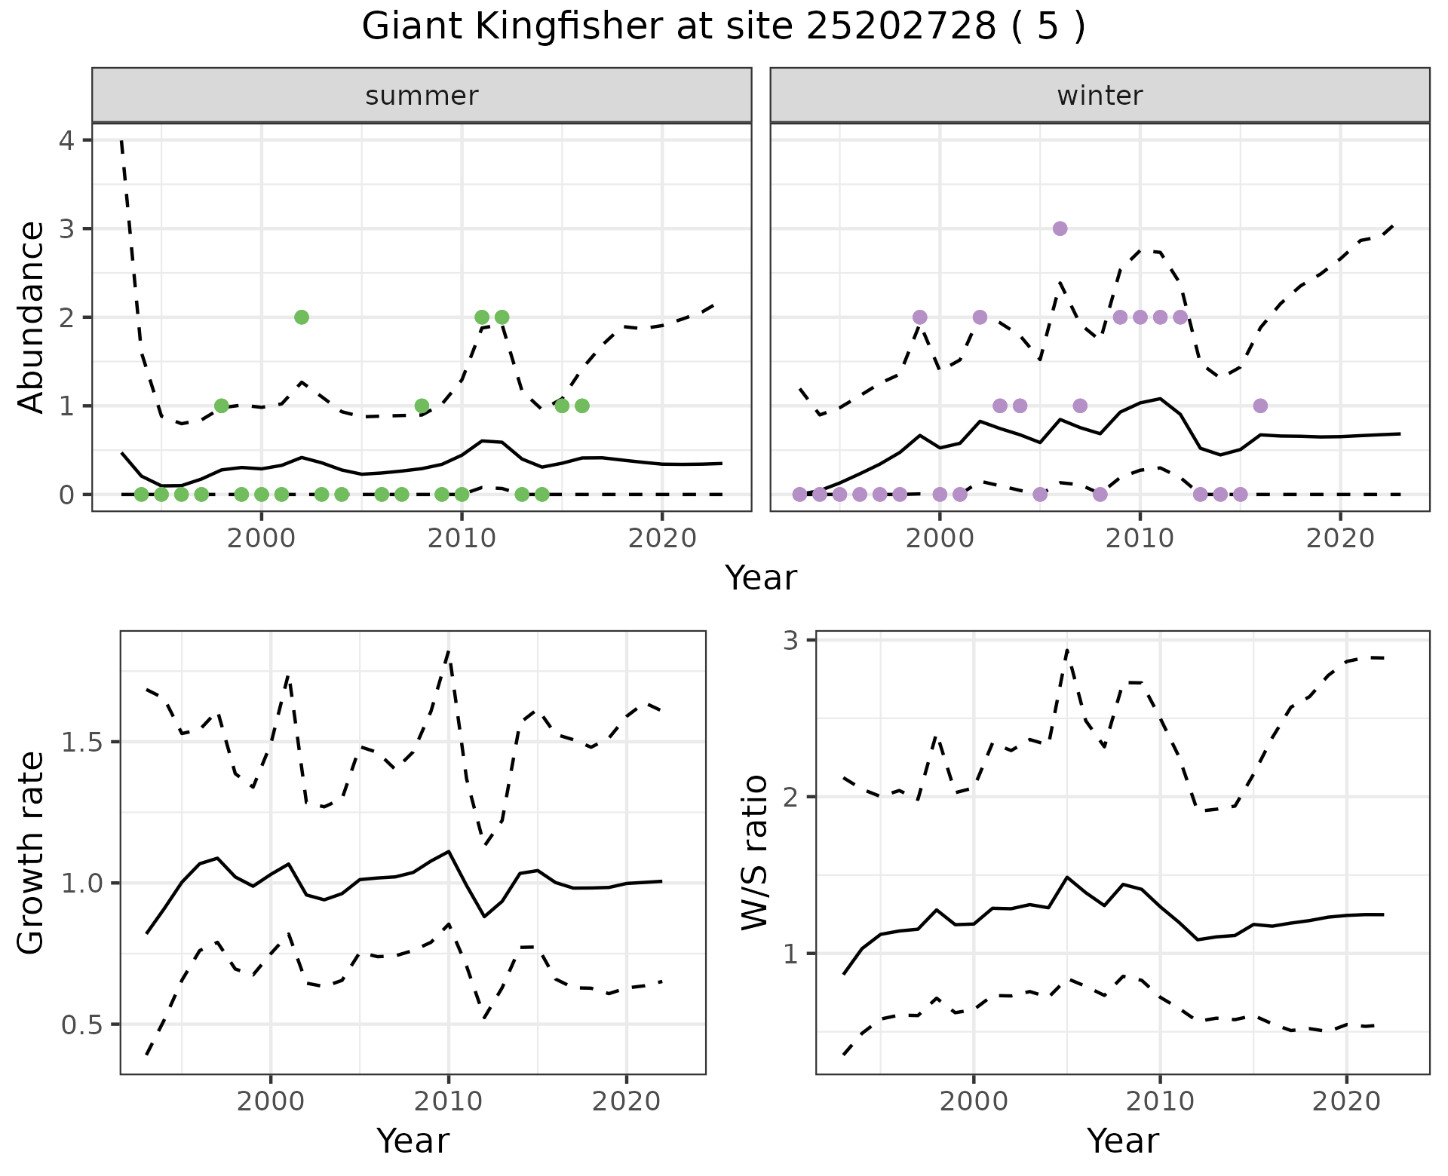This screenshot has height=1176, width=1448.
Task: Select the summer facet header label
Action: click(x=422, y=96)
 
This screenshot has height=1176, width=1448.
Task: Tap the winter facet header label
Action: click(x=1100, y=96)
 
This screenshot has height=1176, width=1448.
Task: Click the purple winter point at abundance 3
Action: click(x=1060, y=228)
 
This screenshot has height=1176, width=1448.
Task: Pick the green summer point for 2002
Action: click(x=301, y=317)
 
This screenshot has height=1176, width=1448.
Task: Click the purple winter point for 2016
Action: click(x=1260, y=406)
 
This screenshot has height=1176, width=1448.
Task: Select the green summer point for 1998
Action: click(x=221, y=406)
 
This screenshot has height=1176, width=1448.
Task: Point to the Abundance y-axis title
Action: click(x=32, y=317)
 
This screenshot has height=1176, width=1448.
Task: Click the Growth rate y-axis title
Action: click(x=32, y=853)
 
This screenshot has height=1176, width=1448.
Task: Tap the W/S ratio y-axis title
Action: click(x=754, y=853)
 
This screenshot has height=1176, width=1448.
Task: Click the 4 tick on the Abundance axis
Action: click(x=68, y=140)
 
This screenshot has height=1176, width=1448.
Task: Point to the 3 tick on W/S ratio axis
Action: click(x=791, y=640)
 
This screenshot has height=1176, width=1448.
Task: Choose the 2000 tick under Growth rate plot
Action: click(x=271, y=1101)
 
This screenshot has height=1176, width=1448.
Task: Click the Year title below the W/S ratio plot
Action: click(x=1122, y=1141)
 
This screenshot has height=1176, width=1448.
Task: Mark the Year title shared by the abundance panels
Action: click(x=760, y=578)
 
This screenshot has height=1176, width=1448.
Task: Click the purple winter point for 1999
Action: click(x=919, y=317)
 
